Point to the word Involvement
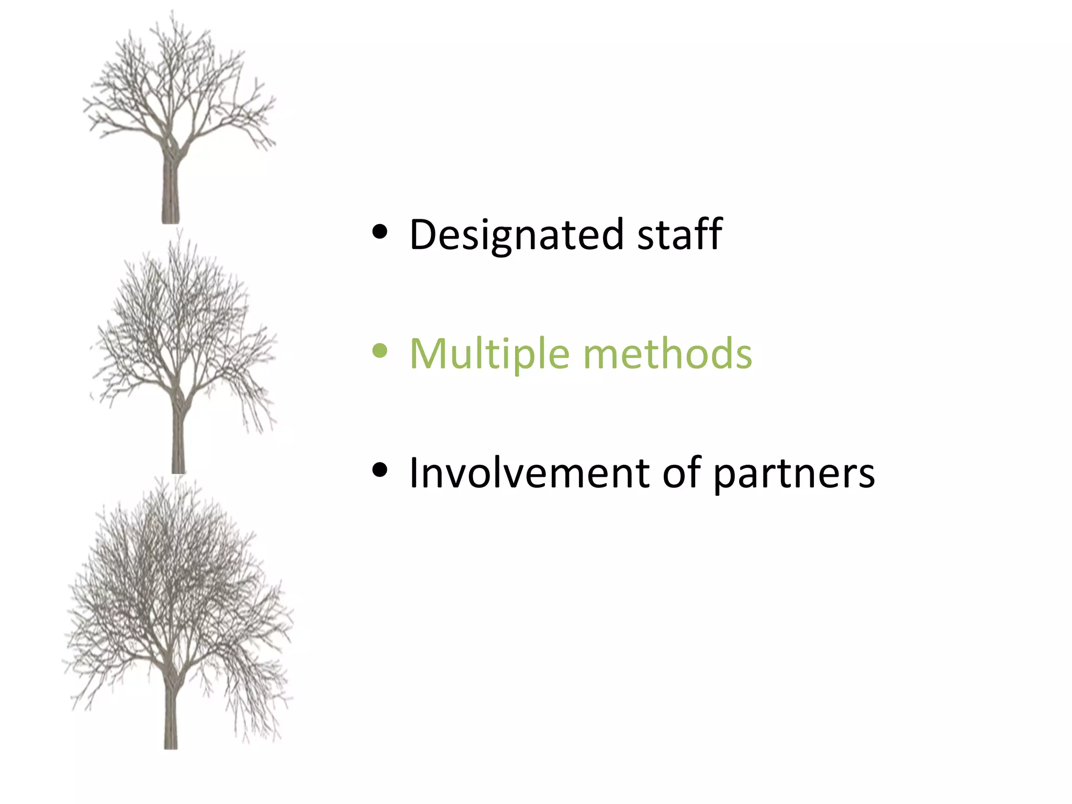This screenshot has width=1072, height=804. point(529,473)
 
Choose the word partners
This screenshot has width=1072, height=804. point(794,474)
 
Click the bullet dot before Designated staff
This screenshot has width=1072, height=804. point(379,232)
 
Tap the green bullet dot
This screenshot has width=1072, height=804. point(379,351)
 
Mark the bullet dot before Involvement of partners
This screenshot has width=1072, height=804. point(379,470)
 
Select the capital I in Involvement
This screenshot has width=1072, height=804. point(415,473)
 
